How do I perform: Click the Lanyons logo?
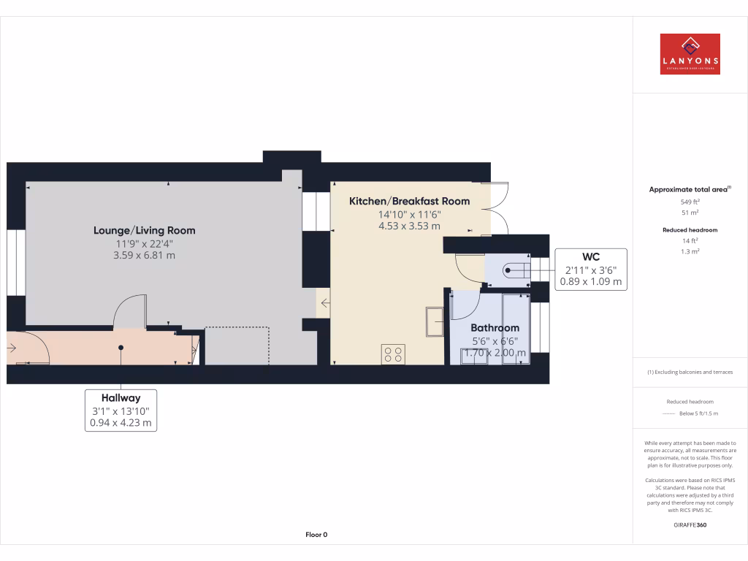[x=690, y=54]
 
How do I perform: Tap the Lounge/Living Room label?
[x=144, y=230]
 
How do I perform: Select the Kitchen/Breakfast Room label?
[x=409, y=201]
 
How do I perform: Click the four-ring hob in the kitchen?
[x=393, y=354]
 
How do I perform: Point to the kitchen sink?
[x=435, y=321]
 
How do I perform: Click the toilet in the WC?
[x=516, y=272]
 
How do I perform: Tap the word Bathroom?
[x=495, y=328]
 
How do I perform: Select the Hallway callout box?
[x=121, y=410]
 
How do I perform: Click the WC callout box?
[x=591, y=269]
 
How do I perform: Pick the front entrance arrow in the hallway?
[x=12, y=348]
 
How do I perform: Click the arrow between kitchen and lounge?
[x=324, y=302]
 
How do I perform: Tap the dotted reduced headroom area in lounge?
[x=237, y=345]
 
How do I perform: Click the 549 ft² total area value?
[x=690, y=202]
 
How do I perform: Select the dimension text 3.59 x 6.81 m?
[x=144, y=256]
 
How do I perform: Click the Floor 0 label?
[x=316, y=535]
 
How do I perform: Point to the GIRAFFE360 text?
[x=690, y=524]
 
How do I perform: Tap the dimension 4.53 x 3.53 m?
[x=409, y=226]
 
